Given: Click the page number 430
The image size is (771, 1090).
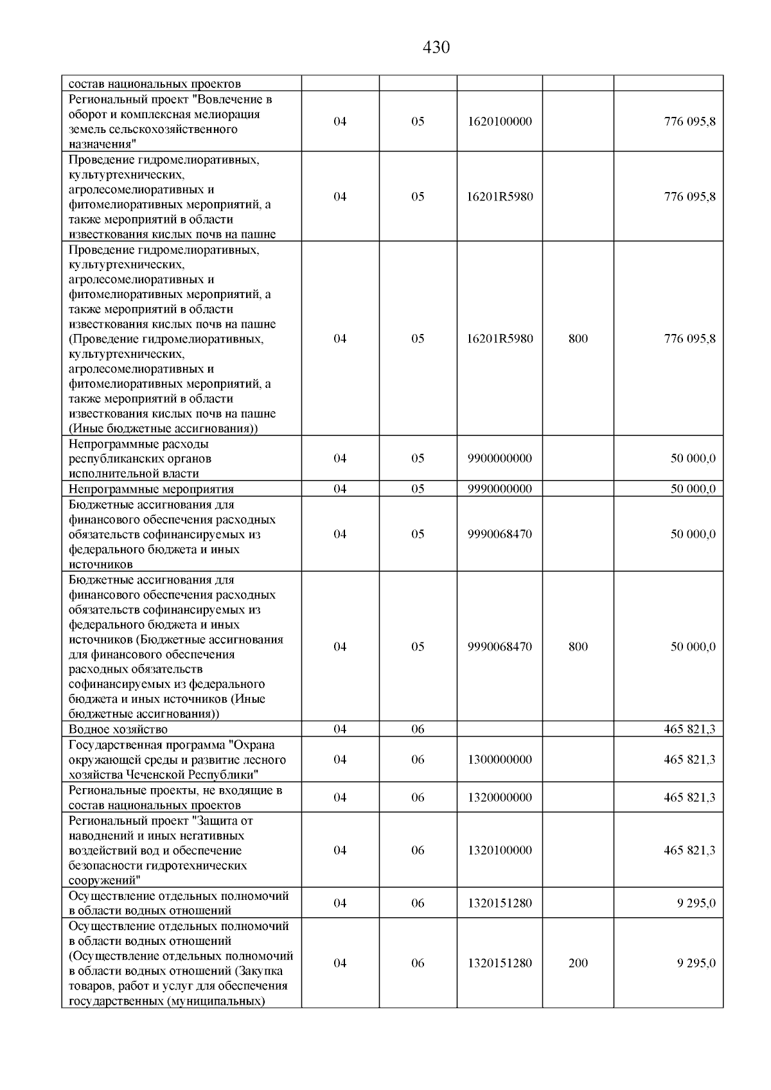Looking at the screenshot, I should pos(436,48).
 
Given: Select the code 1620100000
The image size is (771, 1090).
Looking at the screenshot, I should pos(500,121).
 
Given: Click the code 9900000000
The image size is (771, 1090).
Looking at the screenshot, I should pos(500,459).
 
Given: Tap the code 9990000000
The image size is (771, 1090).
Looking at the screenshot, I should pos(500,489).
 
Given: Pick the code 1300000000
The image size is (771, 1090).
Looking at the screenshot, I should pos(500,760).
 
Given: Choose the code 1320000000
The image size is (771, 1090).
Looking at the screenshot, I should pos(500,798).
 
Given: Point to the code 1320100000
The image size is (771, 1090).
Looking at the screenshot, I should pos(500,850).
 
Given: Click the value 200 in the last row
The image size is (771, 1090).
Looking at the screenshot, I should pos(578,963).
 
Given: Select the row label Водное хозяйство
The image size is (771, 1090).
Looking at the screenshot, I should pos(118,730).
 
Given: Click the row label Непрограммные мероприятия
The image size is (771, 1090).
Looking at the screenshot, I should pos(151,489).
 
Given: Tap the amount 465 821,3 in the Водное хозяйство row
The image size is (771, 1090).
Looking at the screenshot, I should pos(689,730).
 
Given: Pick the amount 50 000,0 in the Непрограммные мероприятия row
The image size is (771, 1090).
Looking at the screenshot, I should pos(693,489).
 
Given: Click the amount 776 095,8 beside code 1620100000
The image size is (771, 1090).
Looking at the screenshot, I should pos(689,121).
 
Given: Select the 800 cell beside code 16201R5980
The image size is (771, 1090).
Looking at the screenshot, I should pos(578,338).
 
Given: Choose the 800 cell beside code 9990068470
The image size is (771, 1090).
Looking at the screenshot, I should pos(578,647).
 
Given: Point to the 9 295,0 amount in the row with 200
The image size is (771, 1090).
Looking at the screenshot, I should pos(696,963).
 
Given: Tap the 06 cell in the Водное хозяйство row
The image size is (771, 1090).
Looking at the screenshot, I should pos(418,730).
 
